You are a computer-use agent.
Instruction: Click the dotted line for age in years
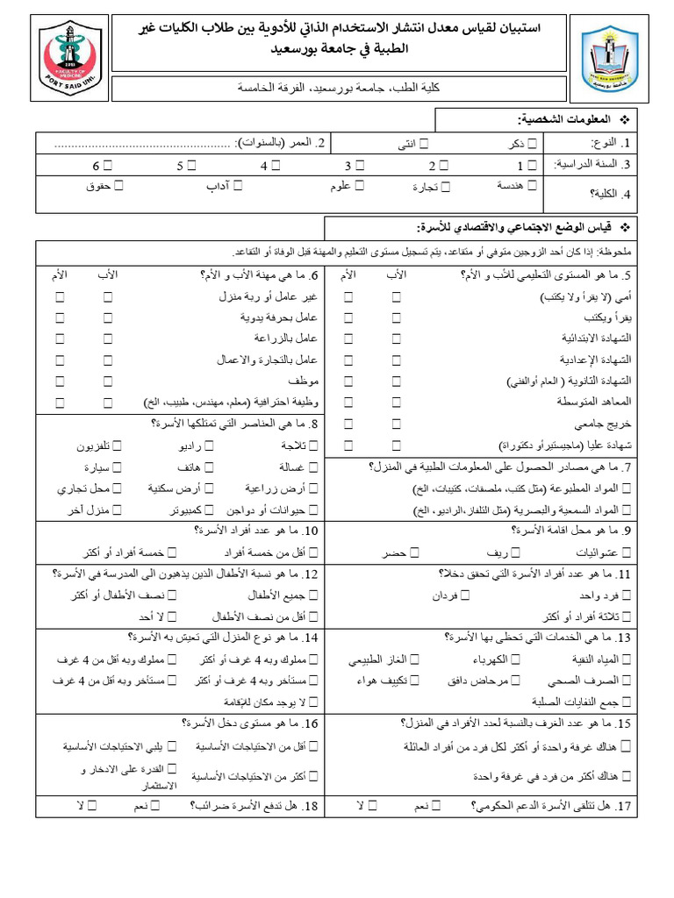tap(144, 143)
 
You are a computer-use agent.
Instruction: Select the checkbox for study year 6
tap(109, 165)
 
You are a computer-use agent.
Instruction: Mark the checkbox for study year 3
tap(360, 165)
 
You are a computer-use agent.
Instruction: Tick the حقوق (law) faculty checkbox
tap(118, 186)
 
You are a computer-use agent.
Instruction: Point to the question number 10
tap(310, 531)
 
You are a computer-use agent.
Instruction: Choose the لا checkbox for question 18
tap(92, 804)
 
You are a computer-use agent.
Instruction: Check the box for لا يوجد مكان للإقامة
tap(314, 701)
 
